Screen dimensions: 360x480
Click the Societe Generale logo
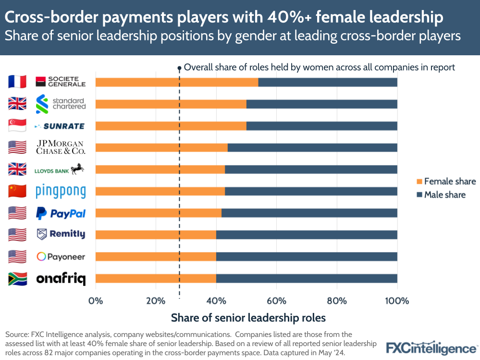(x=61, y=82)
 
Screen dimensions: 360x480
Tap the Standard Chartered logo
(x=61, y=104)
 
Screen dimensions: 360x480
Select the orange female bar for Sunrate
(x=171, y=126)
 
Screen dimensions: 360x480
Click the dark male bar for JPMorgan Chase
(x=312, y=148)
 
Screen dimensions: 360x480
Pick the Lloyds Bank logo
(x=61, y=170)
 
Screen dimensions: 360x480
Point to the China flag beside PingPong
(x=17, y=191)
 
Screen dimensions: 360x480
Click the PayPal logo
(x=61, y=213)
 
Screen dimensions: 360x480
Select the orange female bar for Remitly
(x=156, y=235)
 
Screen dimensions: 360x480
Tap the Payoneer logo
(x=61, y=257)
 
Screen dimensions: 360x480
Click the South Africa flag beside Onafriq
(x=17, y=279)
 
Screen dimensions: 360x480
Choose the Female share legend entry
(x=445, y=181)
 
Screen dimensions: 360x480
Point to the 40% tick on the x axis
(x=216, y=301)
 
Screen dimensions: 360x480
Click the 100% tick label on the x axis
(x=397, y=301)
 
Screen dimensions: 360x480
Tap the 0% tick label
(x=96, y=301)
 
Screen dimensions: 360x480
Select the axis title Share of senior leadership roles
(x=248, y=318)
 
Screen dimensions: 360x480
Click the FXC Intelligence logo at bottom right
(x=431, y=348)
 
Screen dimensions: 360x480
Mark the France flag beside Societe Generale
(x=17, y=82)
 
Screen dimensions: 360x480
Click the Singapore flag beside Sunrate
(x=17, y=126)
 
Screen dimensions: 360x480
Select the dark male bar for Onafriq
(x=307, y=278)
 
